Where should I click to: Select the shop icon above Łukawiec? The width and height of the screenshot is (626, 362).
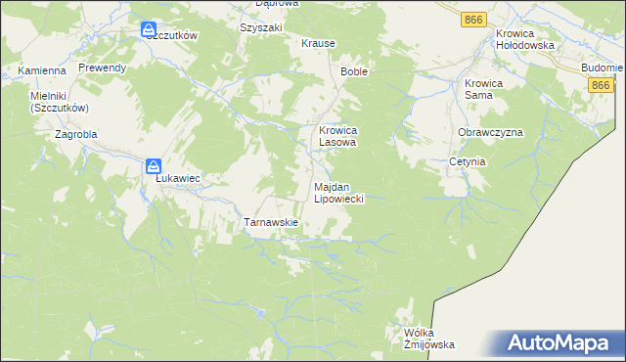154,166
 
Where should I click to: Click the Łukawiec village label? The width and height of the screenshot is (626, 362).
178,179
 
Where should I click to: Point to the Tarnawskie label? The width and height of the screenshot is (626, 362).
270,222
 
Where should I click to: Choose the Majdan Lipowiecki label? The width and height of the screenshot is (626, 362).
338,192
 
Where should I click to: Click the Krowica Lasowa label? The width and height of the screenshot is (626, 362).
338,135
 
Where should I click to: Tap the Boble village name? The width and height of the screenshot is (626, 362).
354,72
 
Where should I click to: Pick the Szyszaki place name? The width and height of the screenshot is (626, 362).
260,28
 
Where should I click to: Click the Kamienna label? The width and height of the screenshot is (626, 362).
42,71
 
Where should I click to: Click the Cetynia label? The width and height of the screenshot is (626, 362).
468,161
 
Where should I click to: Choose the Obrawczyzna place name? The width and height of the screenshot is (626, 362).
490,132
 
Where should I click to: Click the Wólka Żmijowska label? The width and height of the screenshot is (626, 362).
429,339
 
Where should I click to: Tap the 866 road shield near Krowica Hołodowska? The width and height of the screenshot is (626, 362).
474,20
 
